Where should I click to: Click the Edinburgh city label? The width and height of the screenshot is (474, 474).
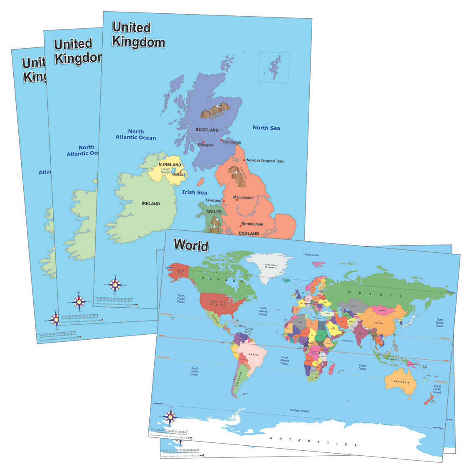(x=232, y=142)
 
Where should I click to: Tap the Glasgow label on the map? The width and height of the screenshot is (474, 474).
(x=205, y=145)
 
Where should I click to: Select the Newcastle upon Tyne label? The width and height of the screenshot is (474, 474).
(x=265, y=161)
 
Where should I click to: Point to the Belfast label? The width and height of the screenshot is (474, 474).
(x=178, y=175)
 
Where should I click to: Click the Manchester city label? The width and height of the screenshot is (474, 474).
(x=243, y=197)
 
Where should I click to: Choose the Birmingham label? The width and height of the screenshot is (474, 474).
(x=252, y=224)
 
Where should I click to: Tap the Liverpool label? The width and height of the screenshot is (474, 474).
(x=214, y=200)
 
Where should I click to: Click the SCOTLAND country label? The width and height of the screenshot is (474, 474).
(x=207, y=130)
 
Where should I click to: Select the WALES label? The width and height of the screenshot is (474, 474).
(x=215, y=212)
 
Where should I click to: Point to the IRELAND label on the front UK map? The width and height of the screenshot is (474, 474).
(x=151, y=204)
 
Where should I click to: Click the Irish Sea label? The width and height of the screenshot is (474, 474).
(x=195, y=193)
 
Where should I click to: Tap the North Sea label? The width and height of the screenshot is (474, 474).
(x=267, y=128)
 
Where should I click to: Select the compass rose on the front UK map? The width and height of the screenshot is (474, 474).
(x=115, y=285)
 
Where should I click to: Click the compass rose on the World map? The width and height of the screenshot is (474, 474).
(x=170, y=416)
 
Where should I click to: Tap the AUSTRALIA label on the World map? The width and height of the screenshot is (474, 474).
(x=402, y=382)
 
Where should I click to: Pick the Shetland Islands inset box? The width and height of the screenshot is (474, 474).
(x=274, y=67)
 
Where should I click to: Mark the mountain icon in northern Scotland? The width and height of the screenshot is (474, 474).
(x=215, y=109)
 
